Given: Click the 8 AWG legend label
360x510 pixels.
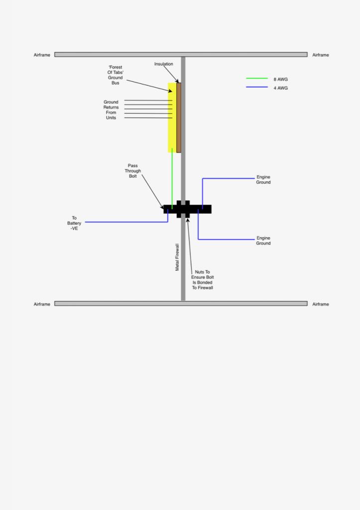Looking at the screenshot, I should (280, 79).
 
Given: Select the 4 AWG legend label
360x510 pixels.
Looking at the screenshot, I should (280, 88).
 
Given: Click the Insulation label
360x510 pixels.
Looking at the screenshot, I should (163, 64).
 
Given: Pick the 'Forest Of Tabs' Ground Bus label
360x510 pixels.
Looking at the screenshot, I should (115, 75).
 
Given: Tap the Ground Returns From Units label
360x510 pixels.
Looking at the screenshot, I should (111, 110).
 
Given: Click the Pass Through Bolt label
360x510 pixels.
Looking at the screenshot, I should (133, 171).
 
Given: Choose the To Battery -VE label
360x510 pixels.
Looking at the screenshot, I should (74, 223).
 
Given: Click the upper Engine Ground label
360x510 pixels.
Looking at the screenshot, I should (263, 180).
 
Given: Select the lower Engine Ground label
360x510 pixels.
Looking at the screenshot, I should (263, 241).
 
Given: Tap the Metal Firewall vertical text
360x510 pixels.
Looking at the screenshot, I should (177, 257).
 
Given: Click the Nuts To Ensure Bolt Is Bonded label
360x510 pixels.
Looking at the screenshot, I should (202, 280).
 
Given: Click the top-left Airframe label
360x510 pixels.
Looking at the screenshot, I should (42, 55).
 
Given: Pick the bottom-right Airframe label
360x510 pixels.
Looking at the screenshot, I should (321, 304).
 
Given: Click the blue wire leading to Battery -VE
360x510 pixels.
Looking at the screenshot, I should (124, 222).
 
